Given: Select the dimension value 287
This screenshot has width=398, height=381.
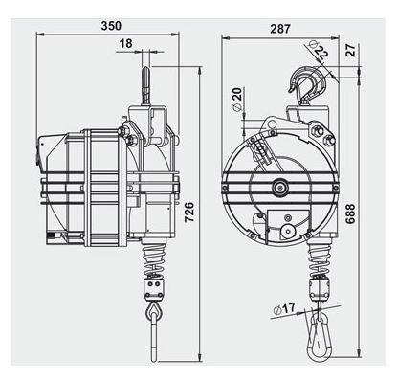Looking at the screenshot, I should [279, 29].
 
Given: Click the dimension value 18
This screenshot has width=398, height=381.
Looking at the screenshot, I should [126, 44].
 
